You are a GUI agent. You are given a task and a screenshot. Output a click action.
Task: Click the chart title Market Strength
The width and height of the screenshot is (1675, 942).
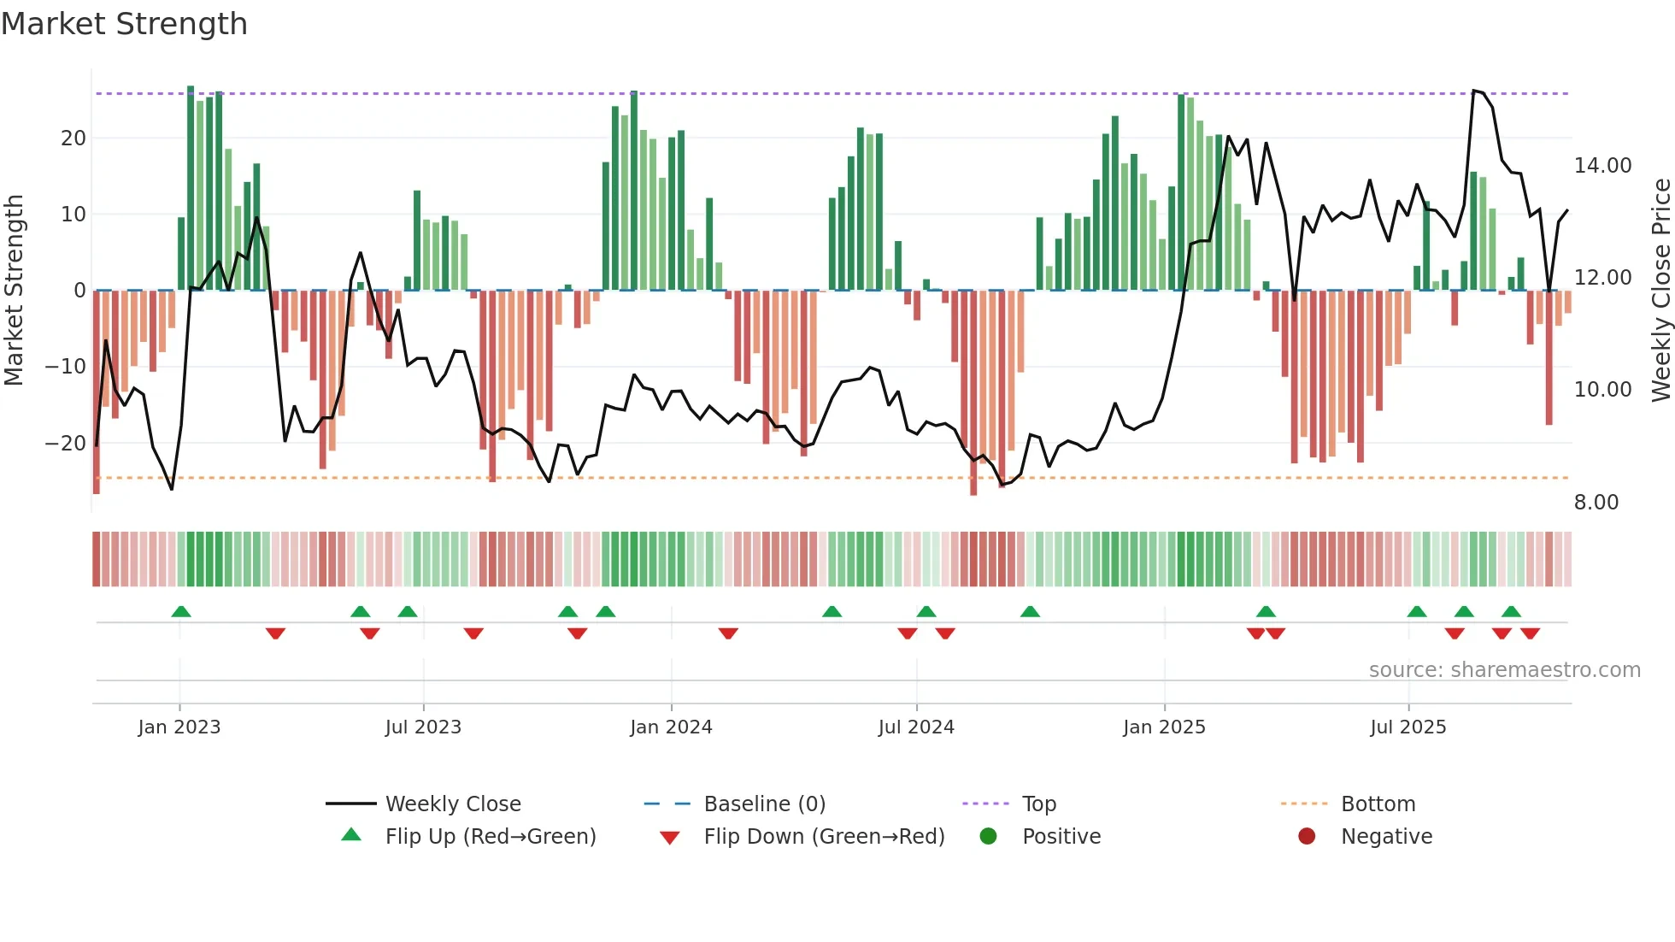pos(124,24)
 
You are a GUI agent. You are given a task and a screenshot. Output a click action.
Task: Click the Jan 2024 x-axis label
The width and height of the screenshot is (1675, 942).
pos(671,727)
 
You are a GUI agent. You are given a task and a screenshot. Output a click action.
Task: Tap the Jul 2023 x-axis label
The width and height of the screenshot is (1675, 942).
pos(423,727)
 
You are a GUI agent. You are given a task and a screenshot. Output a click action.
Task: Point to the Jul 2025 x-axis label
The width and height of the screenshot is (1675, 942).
pos(1408,727)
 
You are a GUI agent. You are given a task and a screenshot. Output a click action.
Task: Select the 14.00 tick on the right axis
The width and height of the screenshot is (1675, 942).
pos(1602,166)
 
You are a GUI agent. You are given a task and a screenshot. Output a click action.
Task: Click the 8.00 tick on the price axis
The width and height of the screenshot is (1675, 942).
pos(1596,503)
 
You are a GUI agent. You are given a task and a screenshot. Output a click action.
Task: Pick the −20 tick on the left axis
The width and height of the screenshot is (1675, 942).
pos(66,444)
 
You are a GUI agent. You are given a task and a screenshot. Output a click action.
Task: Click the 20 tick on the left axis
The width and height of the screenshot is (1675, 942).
pos(73,138)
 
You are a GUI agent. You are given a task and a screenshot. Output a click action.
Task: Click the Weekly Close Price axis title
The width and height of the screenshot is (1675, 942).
pos(1660,291)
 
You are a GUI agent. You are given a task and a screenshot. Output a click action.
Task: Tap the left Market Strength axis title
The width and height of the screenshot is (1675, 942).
pos(15,291)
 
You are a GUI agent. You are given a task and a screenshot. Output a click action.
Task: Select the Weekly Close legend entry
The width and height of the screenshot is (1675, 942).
pos(452,804)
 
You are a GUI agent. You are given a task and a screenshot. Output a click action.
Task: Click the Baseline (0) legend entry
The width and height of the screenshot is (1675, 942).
pos(764,804)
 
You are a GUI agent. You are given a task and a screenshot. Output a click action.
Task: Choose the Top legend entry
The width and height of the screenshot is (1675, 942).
pos(1038,804)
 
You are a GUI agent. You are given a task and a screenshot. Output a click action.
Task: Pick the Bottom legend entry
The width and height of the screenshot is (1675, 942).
pos(1378,804)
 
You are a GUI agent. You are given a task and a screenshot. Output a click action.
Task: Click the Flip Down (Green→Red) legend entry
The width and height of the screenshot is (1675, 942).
pos(823,837)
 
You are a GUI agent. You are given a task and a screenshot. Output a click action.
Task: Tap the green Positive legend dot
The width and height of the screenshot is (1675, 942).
pos(988,837)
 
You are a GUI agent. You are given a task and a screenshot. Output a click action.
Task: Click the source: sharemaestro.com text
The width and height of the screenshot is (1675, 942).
pos(1504,670)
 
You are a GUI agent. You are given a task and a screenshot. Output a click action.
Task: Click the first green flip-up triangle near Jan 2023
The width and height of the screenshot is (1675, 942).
pos(181,612)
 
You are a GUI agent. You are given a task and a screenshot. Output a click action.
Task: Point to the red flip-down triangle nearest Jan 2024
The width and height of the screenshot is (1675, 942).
pos(728,633)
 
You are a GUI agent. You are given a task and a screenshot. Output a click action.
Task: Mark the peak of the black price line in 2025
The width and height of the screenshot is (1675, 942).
pos(1473,90)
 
